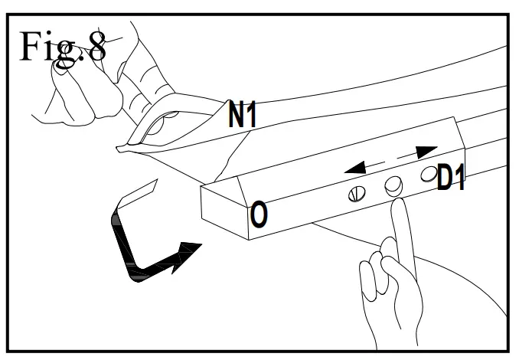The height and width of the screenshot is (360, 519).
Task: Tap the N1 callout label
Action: (x=244, y=114)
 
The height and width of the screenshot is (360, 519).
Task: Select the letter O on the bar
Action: (x=259, y=215)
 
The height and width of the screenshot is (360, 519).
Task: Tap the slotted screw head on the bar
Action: (x=353, y=194)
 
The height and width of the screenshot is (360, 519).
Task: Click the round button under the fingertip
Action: (x=393, y=185)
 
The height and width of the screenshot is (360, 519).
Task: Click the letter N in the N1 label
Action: (x=237, y=114)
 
